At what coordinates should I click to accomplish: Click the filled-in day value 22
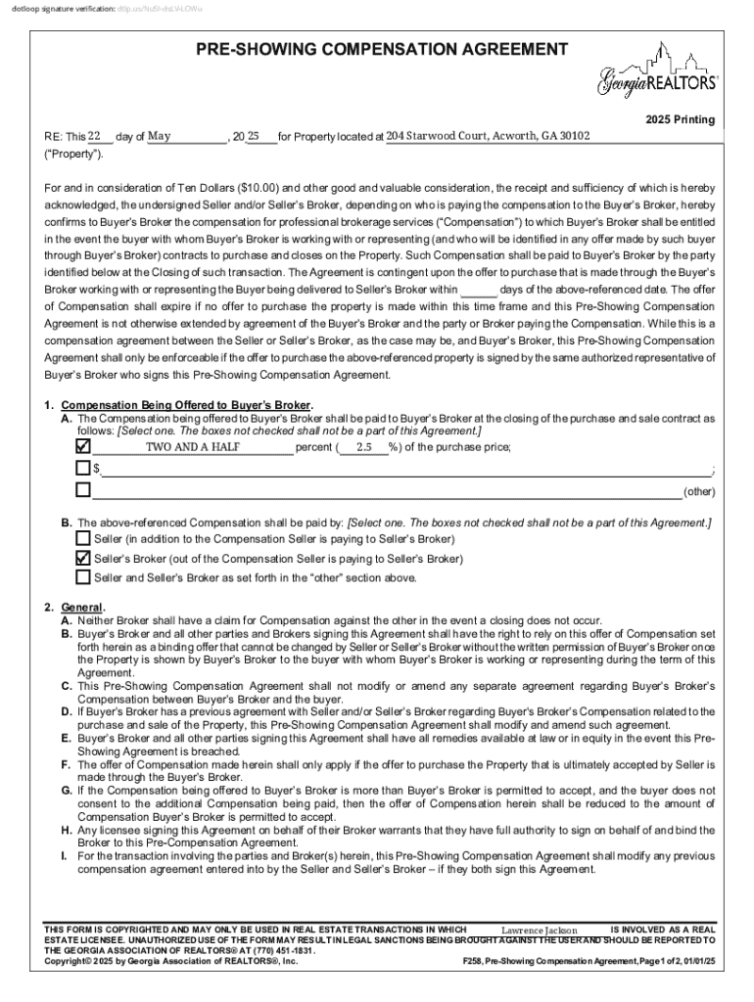click(x=95, y=136)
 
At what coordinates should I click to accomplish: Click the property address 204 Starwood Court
click(x=488, y=136)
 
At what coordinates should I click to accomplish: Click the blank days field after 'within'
click(x=478, y=291)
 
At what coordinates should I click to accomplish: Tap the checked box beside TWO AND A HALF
click(x=83, y=446)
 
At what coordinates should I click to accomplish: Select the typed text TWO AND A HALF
click(x=193, y=447)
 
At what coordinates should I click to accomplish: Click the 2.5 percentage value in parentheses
click(x=364, y=447)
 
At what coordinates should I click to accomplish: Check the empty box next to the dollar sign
click(x=83, y=468)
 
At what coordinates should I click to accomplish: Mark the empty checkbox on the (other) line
click(x=83, y=489)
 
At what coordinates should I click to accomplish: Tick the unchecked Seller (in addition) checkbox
click(x=83, y=538)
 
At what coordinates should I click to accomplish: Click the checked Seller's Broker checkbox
click(x=83, y=558)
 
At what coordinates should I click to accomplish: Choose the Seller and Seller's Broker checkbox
click(x=83, y=576)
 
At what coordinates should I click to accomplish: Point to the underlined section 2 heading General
click(x=81, y=607)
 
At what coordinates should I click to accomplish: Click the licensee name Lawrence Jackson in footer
click(x=539, y=930)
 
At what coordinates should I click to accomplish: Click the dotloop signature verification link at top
click(x=162, y=8)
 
